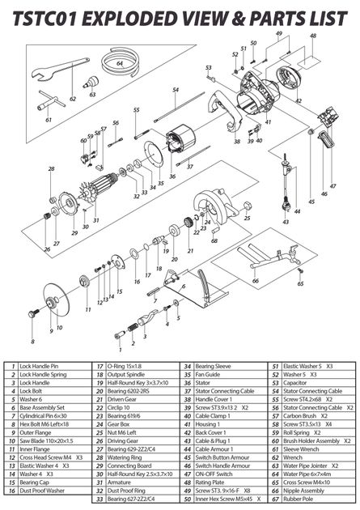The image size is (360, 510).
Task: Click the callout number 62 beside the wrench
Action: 73,98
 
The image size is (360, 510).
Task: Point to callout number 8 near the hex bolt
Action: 33,331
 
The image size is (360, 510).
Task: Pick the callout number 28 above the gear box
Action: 51,168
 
